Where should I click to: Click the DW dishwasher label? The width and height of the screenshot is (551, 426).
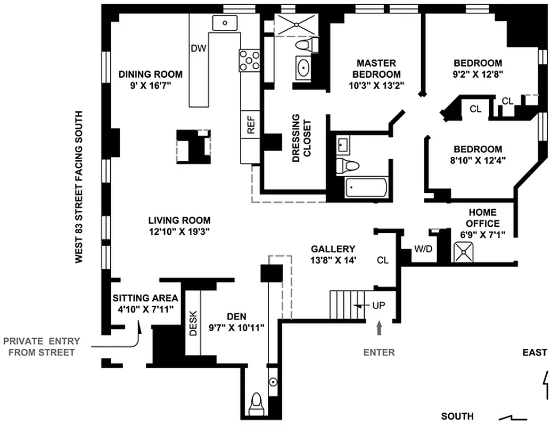pos(198,48)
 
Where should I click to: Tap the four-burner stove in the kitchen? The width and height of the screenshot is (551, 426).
pos(249,60)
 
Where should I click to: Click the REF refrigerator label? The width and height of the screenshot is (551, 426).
pos(251,125)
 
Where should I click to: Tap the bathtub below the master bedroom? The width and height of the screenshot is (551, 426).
pos(366,188)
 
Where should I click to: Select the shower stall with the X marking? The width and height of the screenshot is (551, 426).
pos(296,24)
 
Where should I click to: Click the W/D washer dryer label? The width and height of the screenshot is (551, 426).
pos(424,249)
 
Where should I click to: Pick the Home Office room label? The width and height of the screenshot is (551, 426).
pos(483,218)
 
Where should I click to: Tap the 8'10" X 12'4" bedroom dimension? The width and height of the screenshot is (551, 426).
pos(478,159)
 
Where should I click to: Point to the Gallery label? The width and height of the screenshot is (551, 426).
pos(333,249)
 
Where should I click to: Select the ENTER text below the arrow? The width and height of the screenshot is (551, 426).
pos(380,352)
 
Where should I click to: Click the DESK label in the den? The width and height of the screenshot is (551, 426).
pos(193,323)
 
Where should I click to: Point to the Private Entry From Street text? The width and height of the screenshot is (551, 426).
pos(42,347)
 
